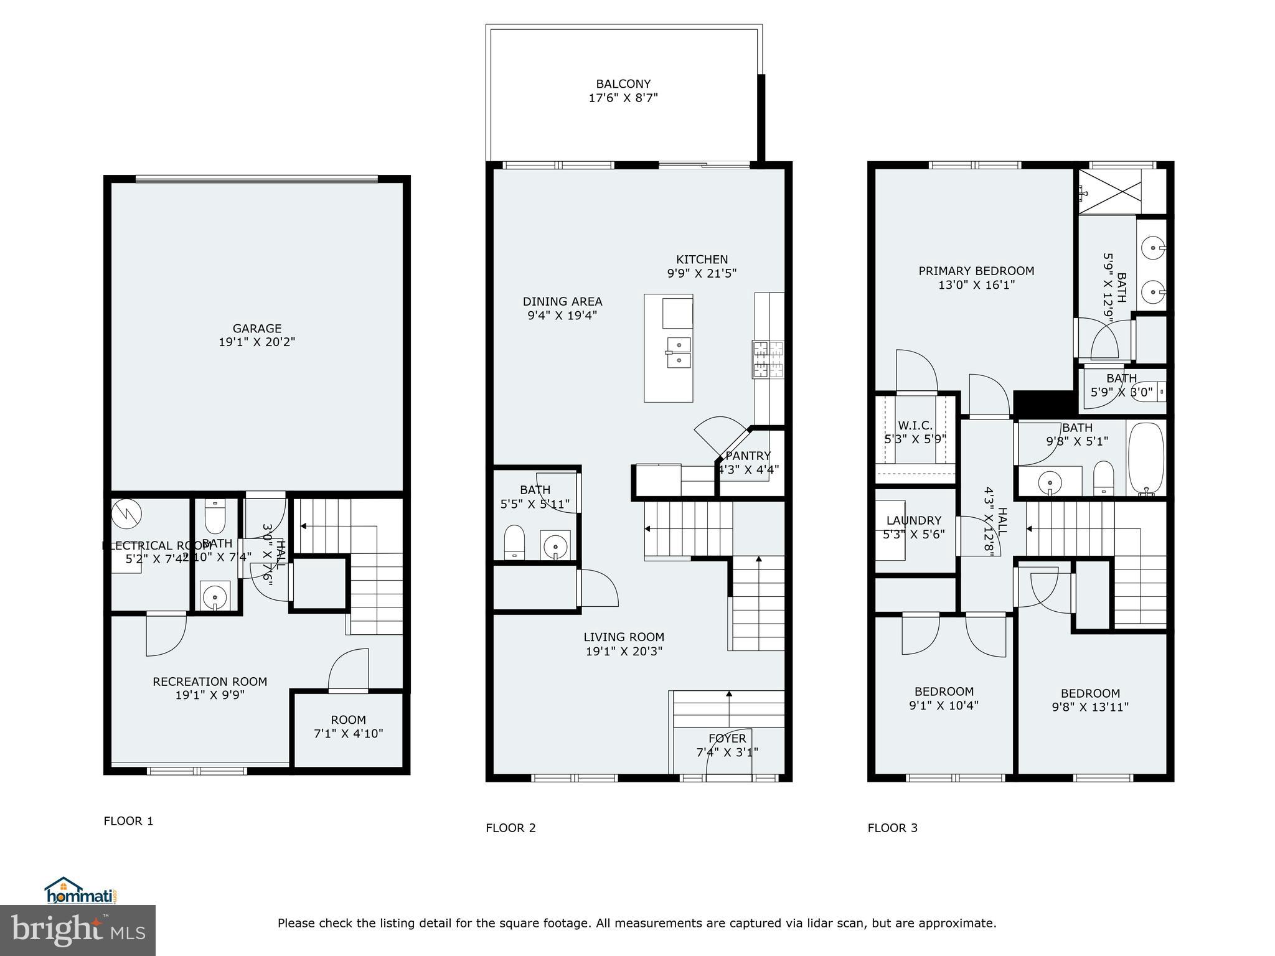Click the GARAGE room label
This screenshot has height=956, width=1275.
tap(256, 328)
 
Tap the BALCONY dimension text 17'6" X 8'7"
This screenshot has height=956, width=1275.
tap(623, 98)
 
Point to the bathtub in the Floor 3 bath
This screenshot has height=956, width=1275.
tap(1146, 459)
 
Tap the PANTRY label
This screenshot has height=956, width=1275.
tap(748, 456)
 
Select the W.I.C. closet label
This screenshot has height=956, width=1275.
tap(915, 426)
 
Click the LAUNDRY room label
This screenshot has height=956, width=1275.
tap(914, 520)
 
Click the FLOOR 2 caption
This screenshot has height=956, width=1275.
tap(510, 828)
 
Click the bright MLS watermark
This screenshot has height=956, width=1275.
tap(78, 930)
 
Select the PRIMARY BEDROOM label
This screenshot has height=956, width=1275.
tap(976, 271)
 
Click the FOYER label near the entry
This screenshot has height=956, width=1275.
tap(727, 738)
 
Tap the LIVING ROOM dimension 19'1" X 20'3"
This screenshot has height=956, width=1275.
tap(624, 651)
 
